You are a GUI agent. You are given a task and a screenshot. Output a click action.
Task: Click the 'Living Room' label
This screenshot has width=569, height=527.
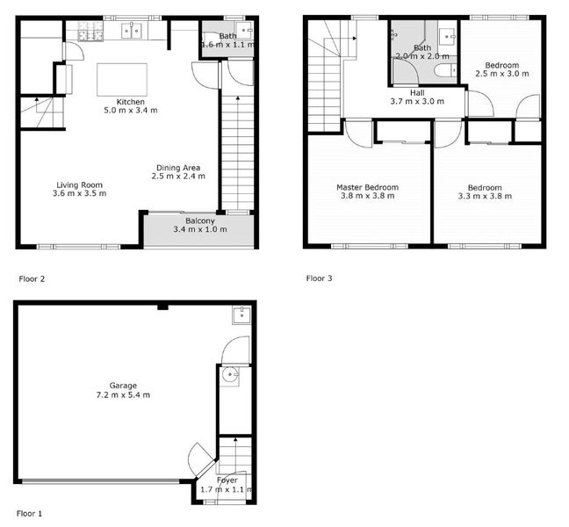[80, 184]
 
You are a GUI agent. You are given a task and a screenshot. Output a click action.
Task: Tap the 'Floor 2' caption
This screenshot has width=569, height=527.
[32, 278]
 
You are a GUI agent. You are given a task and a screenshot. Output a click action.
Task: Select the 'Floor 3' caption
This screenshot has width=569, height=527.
[319, 278]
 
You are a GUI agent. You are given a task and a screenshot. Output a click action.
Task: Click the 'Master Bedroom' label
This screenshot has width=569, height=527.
[367, 187]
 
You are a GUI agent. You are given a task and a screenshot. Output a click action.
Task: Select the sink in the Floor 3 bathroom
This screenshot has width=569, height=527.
[447, 37]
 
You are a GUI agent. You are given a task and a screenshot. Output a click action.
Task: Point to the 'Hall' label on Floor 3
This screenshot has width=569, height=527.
[417, 92]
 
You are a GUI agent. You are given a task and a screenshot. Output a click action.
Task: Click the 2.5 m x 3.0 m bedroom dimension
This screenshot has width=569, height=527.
[501, 75]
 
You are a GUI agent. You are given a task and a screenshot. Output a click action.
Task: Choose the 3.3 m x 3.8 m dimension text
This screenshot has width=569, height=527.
[484, 197]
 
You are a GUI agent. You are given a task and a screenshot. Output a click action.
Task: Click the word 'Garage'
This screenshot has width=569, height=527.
[123, 385]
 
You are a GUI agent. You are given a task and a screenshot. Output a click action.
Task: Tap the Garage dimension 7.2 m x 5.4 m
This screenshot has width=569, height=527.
[123, 395]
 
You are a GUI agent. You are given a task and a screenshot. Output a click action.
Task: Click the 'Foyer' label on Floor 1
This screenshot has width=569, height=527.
[227, 480]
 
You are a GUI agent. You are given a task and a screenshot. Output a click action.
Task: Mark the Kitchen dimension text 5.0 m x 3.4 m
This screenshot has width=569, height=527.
[124, 111]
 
